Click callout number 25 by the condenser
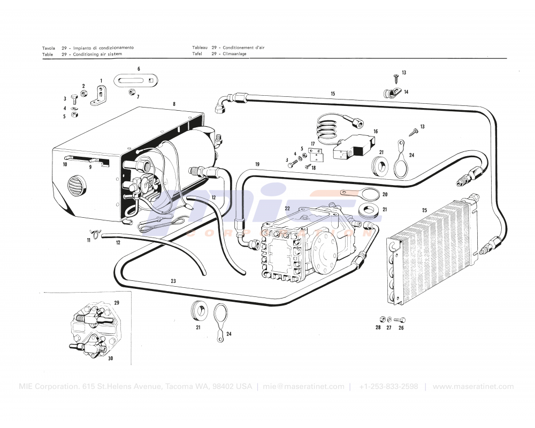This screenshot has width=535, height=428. pos(424,210)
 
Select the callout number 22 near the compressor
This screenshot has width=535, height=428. pos(287,209)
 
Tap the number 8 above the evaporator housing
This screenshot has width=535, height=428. pos(174,103)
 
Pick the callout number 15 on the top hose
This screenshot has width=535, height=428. pos(333,94)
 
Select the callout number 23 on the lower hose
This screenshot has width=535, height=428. pos(173,281)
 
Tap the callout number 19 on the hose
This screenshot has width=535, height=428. pos(257,164)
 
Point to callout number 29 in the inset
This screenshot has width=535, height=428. pos(117,303)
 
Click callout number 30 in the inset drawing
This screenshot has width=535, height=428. pos(110,358)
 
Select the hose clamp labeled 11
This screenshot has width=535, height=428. pos(96,233)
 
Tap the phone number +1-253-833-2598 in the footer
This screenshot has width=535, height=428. pos(388,387)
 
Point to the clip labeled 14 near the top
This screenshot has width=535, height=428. pos(391,93)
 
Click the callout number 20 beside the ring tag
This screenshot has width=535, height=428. pos(385,195)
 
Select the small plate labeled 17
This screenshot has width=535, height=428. pos(318,155)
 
